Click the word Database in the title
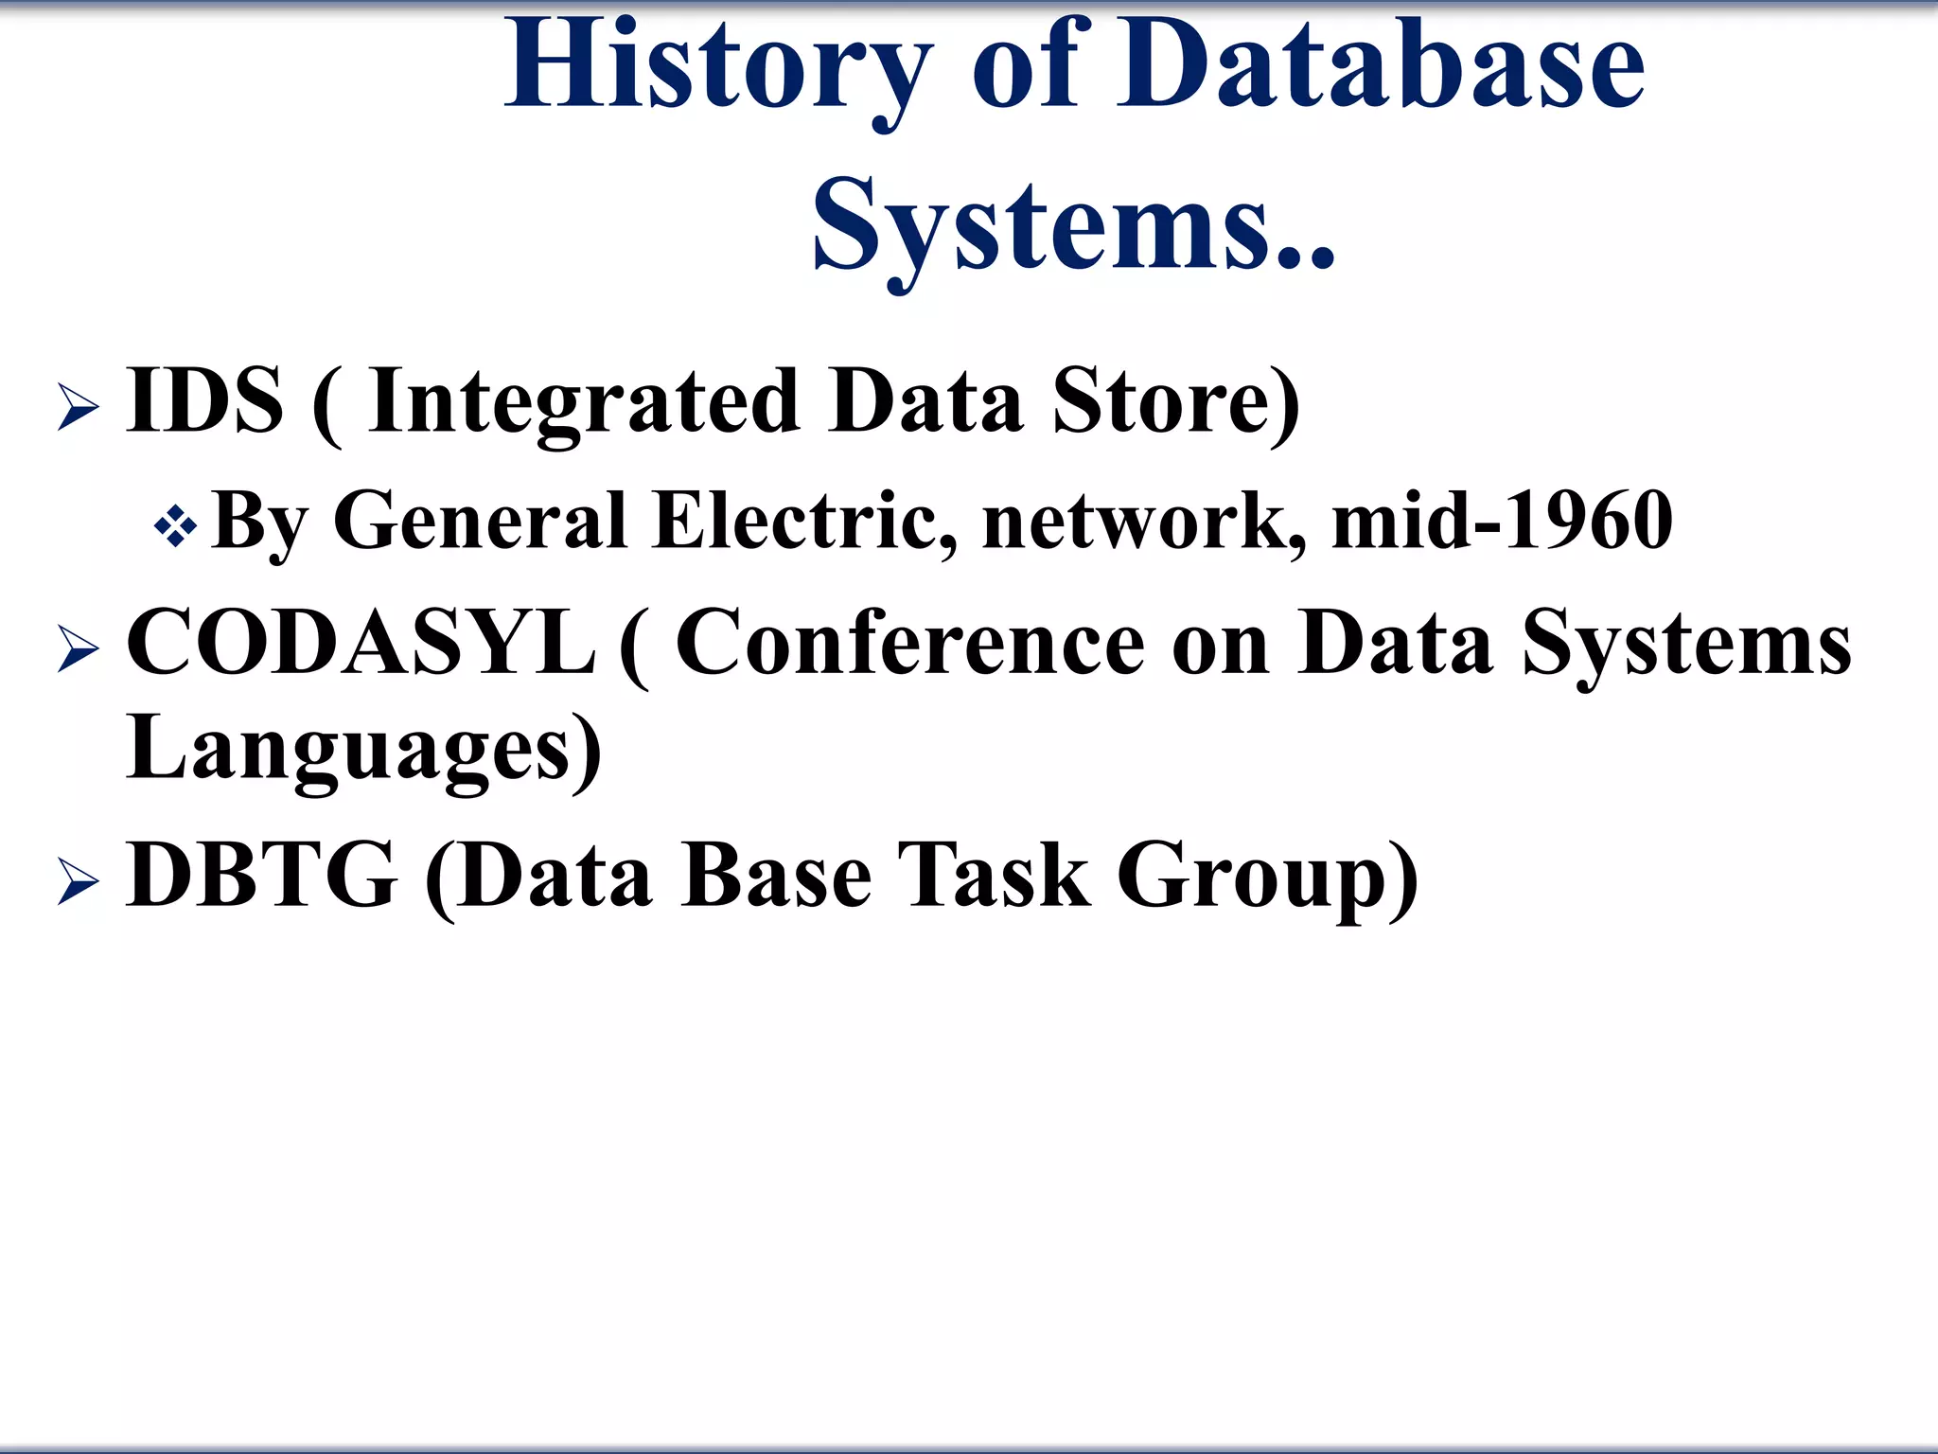click(x=1381, y=66)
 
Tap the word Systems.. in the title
click(x=1073, y=227)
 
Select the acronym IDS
click(x=204, y=401)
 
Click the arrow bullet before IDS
click(x=78, y=408)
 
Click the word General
click(x=481, y=521)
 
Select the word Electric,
click(x=805, y=521)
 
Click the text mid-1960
click(x=1502, y=521)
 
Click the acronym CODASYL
click(x=361, y=643)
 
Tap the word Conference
click(x=910, y=645)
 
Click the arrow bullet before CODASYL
click(x=78, y=649)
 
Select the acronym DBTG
click(x=261, y=876)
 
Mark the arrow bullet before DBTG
click(x=78, y=882)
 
